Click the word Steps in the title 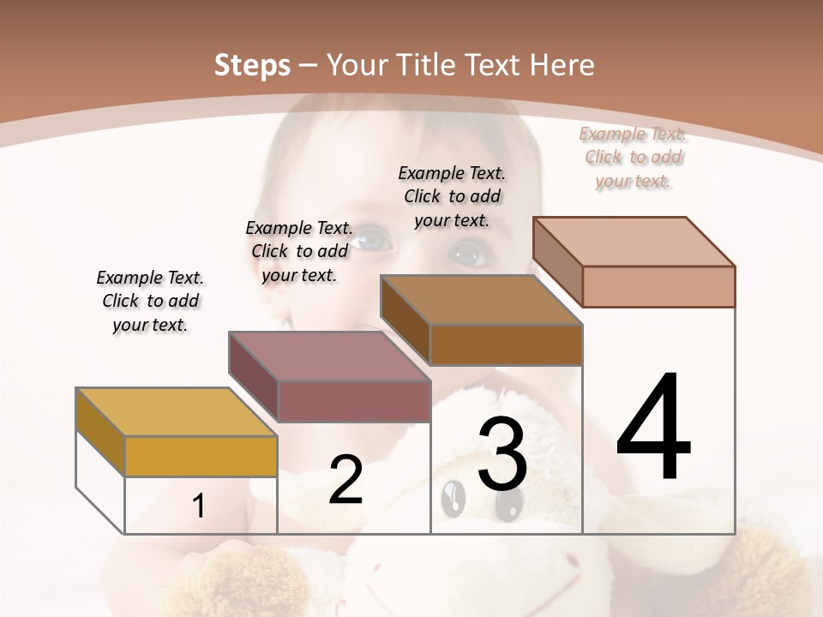click(251, 65)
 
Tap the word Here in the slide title click(562, 65)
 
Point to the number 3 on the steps click(502, 455)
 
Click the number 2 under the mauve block click(345, 480)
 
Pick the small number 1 click(198, 506)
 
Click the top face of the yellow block click(176, 412)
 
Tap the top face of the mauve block click(329, 356)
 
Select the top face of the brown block click(481, 300)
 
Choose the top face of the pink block click(634, 242)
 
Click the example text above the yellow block click(150, 301)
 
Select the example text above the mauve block click(299, 251)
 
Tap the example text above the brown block click(452, 196)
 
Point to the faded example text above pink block click(633, 157)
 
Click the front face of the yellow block click(201, 456)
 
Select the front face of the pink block click(658, 286)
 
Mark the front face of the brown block click(506, 344)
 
